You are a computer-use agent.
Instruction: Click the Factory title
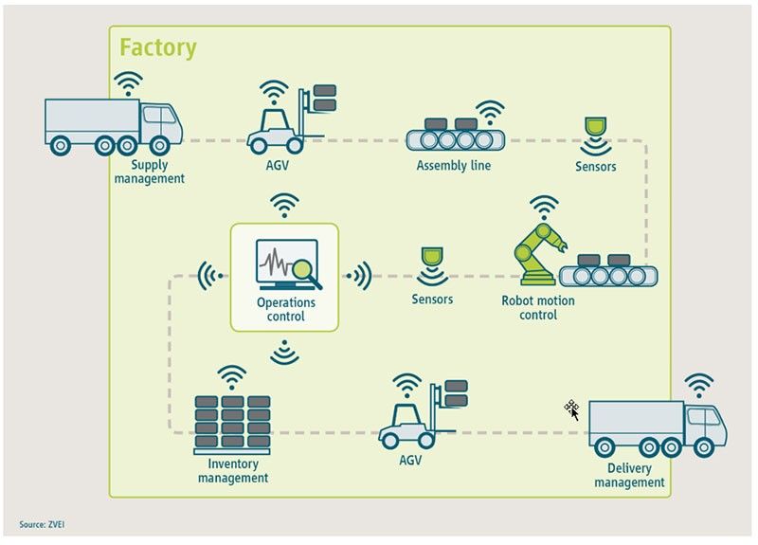[x=157, y=47]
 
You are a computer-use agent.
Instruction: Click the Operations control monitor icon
[x=284, y=264]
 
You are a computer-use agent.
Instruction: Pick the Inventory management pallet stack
[x=232, y=423]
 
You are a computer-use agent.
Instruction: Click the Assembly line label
[x=454, y=166]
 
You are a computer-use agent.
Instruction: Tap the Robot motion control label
[x=538, y=308]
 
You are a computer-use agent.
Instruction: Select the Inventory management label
[x=233, y=471]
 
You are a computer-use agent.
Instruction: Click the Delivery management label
[x=629, y=476]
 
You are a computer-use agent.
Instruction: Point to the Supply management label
[x=150, y=172]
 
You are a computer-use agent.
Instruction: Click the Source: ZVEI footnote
[x=42, y=524]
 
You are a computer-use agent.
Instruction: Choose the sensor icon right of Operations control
[x=432, y=265]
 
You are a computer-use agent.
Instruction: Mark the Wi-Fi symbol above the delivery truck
[x=699, y=385]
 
